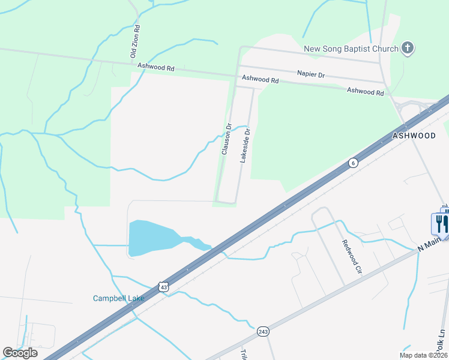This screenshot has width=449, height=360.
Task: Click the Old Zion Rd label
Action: pos(136,41)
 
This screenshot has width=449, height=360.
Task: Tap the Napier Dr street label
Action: pos(310,74)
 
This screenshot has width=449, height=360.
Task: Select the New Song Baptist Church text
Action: pos(351,49)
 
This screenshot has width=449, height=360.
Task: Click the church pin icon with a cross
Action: pos(408,48)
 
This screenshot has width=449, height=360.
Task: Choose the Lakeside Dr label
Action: pos(244,145)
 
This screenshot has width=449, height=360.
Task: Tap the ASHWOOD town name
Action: pos(414,136)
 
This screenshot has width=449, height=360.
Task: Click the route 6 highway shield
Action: pos(353,163)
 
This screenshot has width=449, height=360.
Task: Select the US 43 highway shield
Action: pos(164,287)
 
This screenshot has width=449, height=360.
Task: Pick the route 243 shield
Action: pos(262,331)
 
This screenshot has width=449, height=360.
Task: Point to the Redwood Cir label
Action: pos(352,256)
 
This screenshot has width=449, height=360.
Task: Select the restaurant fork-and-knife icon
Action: pos(441,224)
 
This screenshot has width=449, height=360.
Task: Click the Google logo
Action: pos(20,352)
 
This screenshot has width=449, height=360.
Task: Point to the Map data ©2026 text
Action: pos(424,355)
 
